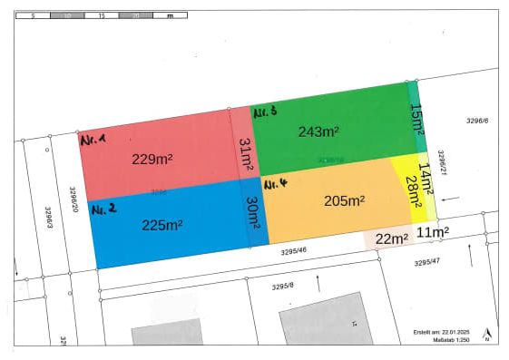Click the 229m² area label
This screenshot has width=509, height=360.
[x=152, y=159]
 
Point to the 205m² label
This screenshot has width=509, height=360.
[x=344, y=200]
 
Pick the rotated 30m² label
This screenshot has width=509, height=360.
[x=251, y=214]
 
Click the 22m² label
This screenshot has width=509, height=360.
[x=390, y=238]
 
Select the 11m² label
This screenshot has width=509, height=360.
[x=434, y=232]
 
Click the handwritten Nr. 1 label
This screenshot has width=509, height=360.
[x=93, y=141]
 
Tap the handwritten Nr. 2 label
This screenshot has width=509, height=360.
[x=103, y=209]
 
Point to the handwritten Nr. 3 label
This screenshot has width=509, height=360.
[x=264, y=112]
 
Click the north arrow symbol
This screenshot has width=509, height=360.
[x=486, y=335]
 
